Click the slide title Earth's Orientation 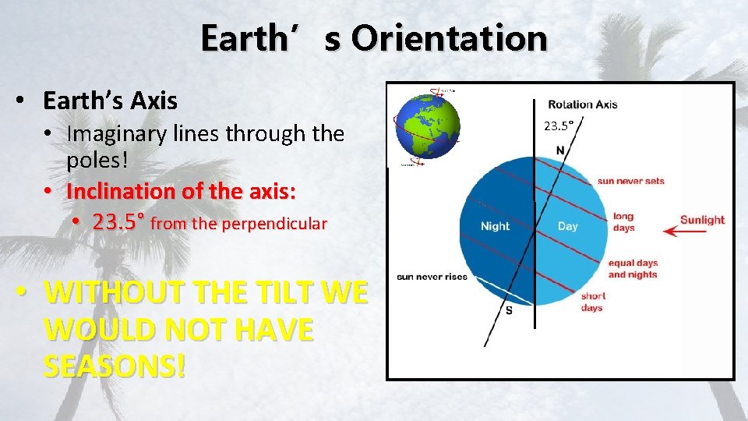tap(373, 38)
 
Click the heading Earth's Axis tap(110, 101)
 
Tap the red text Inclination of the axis tap(181, 191)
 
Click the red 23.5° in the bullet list tap(118, 223)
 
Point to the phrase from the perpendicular tap(238, 225)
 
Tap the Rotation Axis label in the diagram tap(582, 104)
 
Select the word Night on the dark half tap(495, 226)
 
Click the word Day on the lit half tap(567, 226)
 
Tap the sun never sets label tap(631, 181)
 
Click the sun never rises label tap(432, 277)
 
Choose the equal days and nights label tap(633, 268)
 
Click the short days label tap(592, 302)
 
